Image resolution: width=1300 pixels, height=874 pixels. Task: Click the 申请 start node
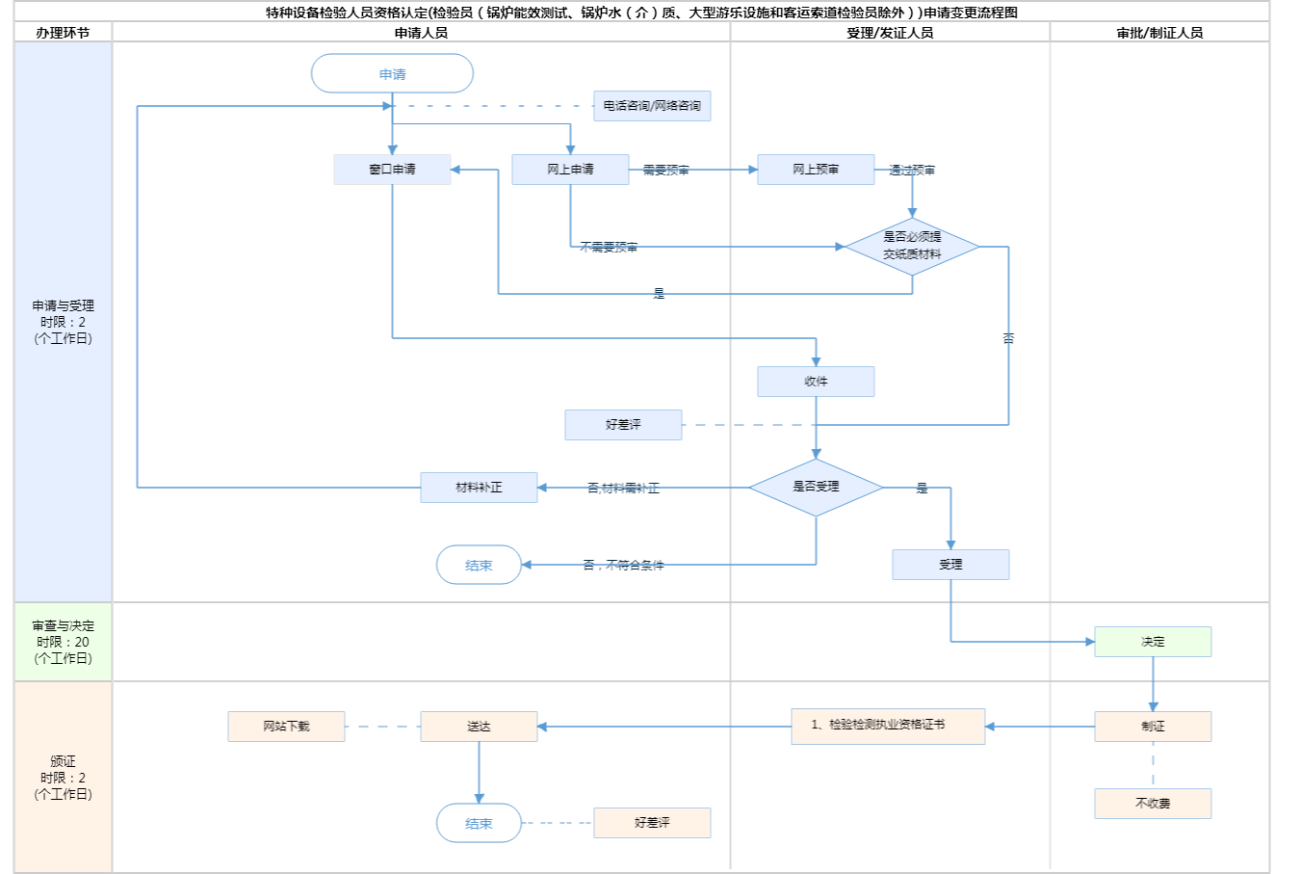click(x=392, y=74)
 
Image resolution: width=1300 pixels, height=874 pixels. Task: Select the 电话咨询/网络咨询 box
click(x=652, y=106)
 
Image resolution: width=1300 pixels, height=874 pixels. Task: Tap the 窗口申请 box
click(x=392, y=170)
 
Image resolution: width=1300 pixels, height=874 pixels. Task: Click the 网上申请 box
click(x=570, y=170)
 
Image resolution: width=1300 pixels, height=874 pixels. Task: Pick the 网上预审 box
click(x=816, y=170)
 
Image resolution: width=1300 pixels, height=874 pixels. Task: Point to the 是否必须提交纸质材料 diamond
click(x=912, y=246)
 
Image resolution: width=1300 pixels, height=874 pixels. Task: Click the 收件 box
click(x=816, y=382)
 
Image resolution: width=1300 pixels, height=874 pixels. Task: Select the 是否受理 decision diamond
click(x=816, y=487)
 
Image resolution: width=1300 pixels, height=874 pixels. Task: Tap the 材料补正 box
click(x=479, y=488)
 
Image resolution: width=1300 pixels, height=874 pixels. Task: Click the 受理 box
click(x=950, y=565)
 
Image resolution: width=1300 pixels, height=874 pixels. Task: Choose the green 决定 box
click(x=1153, y=642)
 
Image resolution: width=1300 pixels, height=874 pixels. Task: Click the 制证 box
click(x=1153, y=727)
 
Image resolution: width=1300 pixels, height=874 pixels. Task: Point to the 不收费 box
click(x=1153, y=804)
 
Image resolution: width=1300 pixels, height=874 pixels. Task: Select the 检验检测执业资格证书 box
click(x=888, y=726)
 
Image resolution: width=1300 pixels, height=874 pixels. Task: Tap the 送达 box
click(x=479, y=727)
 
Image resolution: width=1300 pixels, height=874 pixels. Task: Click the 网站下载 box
click(x=286, y=727)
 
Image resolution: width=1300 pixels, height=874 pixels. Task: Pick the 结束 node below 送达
click(x=479, y=824)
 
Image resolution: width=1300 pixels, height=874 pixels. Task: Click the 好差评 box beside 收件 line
click(x=623, y=425)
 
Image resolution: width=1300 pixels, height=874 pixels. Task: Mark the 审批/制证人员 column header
click(x=1159, y=33)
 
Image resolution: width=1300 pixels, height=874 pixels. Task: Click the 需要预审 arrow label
click(x=666, y=171)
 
